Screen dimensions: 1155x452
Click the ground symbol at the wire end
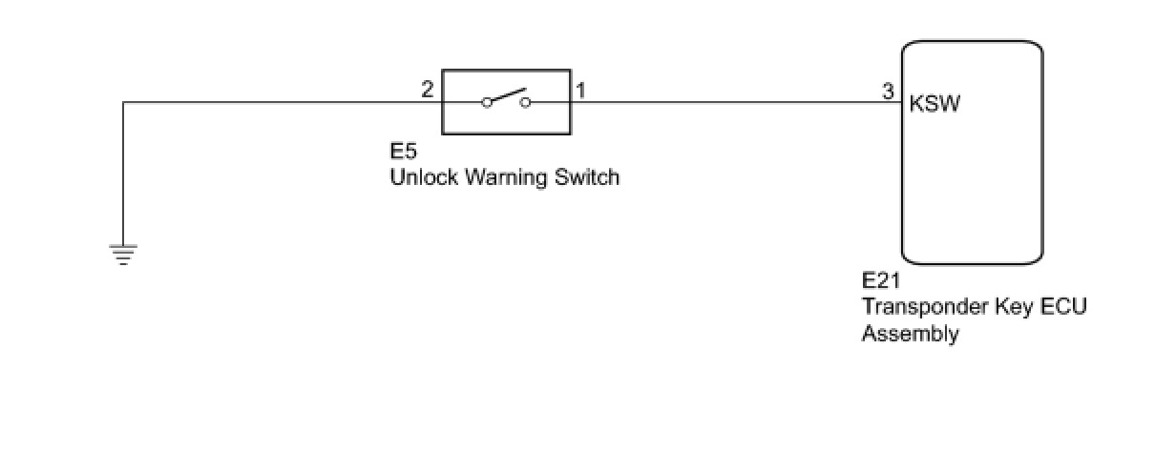(123, 254)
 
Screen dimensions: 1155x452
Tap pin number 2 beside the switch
(428, 91)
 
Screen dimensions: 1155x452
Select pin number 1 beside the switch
(580, 91)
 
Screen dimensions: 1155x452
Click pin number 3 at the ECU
(888, 92)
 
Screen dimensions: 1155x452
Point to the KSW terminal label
(935, 103)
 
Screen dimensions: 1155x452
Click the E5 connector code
(403, 153)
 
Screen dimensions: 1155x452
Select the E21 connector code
(881, 282)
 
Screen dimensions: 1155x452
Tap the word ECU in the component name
(1063, 308)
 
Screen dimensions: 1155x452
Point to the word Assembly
(911, 334)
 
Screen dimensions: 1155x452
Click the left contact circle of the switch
(487, 102)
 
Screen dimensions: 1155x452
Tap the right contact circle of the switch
(525, 102)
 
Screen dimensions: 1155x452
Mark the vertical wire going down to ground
(124, 172)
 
